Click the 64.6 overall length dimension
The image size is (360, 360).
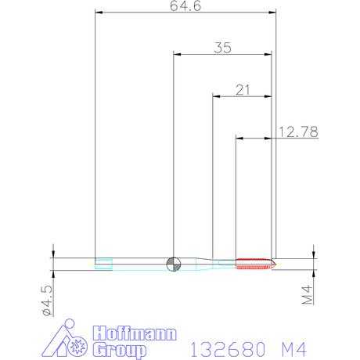185,6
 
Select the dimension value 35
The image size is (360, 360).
222,48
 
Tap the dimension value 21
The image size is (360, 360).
243,90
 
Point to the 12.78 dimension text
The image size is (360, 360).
298,132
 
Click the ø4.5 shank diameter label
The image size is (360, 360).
47,301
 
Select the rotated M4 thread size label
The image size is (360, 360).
308,295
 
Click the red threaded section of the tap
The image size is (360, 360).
254,264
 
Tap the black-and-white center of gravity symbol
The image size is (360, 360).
174,264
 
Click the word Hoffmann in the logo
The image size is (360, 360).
135,333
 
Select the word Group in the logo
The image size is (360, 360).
120,350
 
